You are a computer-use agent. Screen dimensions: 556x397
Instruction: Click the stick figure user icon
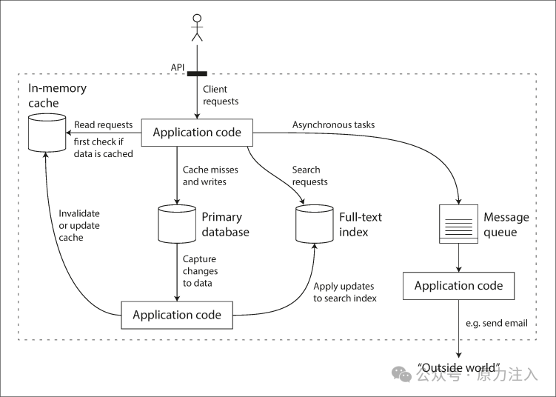pyautogui.click(x=197, y=27)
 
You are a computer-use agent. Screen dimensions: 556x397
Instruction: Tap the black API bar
pyautogui.click(x=197, y=74)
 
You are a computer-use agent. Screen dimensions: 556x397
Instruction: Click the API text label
pyautogui.click(x=178, y=67)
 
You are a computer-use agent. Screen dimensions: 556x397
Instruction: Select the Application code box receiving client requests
pyautogui.click(x=197, y=133)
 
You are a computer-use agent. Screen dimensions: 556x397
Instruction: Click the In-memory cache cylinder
pyautogui.click(x=47, y=133)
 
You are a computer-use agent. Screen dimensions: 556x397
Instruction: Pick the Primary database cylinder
pyautogui.click(x=177, y=224)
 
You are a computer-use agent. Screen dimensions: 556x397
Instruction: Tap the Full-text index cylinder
pyautogui.click(x=315, y=224)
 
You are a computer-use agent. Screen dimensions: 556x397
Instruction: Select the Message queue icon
pyautogui.click(x=458, y=224)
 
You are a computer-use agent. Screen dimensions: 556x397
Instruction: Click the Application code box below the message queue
pyautogui.click(x=458, y=286)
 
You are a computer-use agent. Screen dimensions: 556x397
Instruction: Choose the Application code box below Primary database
pyautogui.click(x=177, y=315)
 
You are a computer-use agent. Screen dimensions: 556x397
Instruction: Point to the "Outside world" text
pyautogui.click(x=459, y=367)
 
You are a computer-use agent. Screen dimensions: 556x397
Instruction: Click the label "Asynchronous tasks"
pyautogui.click(x=333, y=125)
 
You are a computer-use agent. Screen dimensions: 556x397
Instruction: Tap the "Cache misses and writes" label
pyautogui.click(x=210, y=176)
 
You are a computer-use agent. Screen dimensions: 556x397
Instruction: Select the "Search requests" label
pyautogui.click(x=309, y=176)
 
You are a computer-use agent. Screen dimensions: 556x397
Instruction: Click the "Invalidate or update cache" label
pyautogui.click(x=79, y=226)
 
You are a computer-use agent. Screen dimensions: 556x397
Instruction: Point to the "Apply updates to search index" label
pyautogui.click(x=345, y=293)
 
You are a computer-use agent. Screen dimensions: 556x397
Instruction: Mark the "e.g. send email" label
pyautogui.click(x=497, y=323)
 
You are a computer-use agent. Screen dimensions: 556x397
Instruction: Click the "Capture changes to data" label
pyautogui.click(x=200, y=271)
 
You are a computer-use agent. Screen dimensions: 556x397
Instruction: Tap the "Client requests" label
pyautogui.click(x=221, y=95)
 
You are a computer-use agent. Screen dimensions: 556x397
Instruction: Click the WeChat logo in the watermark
pyautogui.click(x=401, y=374)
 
